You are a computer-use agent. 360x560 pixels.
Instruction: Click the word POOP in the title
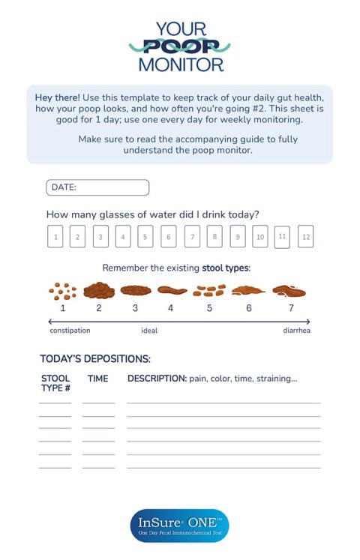(180, 46)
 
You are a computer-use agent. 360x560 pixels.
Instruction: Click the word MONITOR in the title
(180, 64)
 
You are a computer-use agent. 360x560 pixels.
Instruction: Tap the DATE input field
(97, 187)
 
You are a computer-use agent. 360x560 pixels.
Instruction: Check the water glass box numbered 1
(55, 237)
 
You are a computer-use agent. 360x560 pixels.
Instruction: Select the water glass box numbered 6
(169, 237)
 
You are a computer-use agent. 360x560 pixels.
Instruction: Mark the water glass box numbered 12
(305, 236)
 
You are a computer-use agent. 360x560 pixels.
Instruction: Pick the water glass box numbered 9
(237, 236)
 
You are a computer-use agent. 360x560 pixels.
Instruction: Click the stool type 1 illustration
(63, 290)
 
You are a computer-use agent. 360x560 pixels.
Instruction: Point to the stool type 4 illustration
(172, 290)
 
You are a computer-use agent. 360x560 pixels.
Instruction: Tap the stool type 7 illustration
(289, 290)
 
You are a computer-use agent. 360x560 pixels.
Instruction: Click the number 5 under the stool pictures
(209, 307)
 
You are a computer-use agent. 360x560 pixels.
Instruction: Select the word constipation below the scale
(70, 331)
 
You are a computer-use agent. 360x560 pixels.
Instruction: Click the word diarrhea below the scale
(296, 331)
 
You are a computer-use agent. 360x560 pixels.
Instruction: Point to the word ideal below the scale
(149, 331)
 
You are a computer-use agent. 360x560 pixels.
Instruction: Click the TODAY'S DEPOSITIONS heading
(95, 359)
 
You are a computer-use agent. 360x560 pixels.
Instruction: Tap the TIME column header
(98, 379)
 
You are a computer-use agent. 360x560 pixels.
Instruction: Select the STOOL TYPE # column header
(55, 383)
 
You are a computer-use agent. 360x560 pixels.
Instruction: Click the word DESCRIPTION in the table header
(157, 379)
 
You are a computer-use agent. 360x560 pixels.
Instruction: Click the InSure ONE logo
(179, 526)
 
